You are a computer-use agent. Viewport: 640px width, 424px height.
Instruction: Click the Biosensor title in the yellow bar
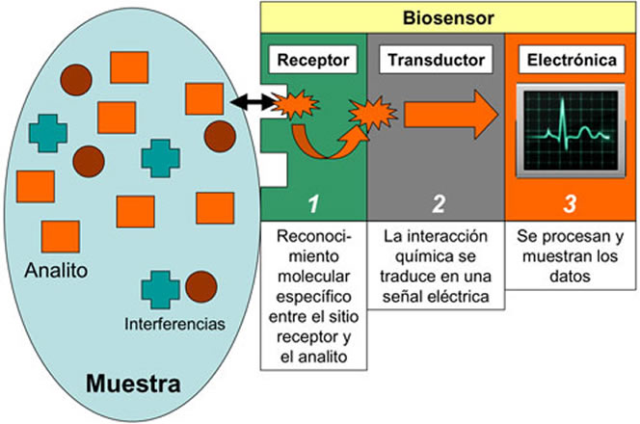(x=449, y=16)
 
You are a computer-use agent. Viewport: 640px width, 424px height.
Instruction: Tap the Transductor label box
(x=435, y=61)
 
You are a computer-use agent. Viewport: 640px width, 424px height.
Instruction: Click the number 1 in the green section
(x=312, y=203)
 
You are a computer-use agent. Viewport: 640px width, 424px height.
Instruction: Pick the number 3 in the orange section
(x=571, y=203)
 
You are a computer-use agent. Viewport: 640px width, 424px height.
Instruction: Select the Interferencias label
(x=174, y=324)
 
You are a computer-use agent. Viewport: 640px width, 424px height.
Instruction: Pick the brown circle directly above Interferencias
(x=200, y=286)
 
